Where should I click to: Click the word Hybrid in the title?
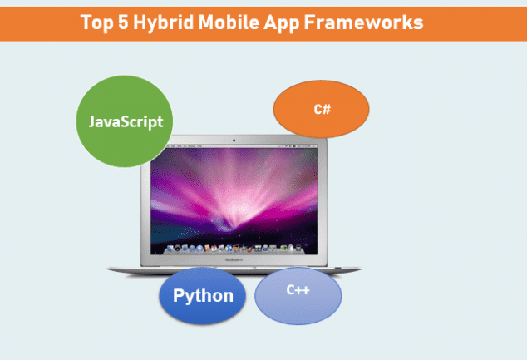pos(164,23)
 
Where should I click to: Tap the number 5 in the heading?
pos(123,22)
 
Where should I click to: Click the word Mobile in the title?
pos(229,22)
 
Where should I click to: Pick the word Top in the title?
pos(96,23)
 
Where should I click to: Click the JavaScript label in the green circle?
pos(126,121)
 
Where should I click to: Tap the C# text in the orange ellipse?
pos(323,109)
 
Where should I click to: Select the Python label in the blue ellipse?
pos(203,296)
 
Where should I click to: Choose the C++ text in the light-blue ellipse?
pos(298,290)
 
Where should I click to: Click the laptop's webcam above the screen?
pos(234,141)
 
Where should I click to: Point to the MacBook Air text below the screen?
pos(234,260)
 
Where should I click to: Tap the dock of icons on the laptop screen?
pos(234,249)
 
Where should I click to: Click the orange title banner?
pos(263,24)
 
